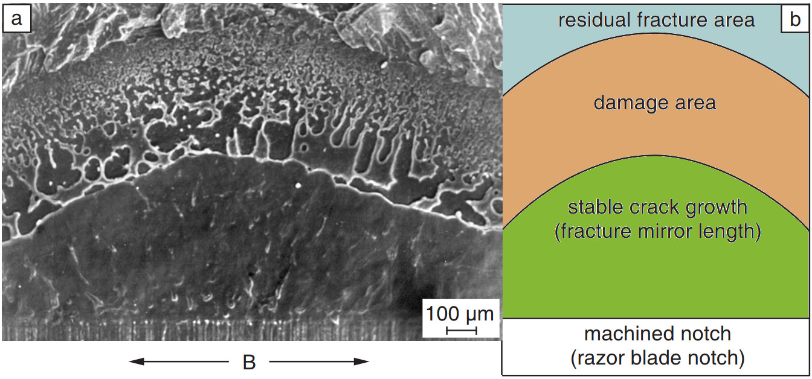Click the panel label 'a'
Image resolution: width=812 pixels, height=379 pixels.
(x=16, y=19)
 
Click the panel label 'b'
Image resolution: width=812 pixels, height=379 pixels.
(x=795, y=19)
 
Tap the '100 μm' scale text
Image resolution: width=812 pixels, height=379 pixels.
(x=460, y=313)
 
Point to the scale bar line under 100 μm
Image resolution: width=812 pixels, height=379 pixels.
(x=462, y=331)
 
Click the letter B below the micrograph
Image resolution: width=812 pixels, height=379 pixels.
(x=249, y=362)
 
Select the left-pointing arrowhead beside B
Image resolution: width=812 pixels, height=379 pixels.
(x=137, y=361)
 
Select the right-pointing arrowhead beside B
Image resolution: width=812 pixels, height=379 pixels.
(x=361, y=361)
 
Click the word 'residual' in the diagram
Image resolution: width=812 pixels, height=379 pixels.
(x=594, y=19)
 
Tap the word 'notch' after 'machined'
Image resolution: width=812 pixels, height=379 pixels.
(x=706, y=334)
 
